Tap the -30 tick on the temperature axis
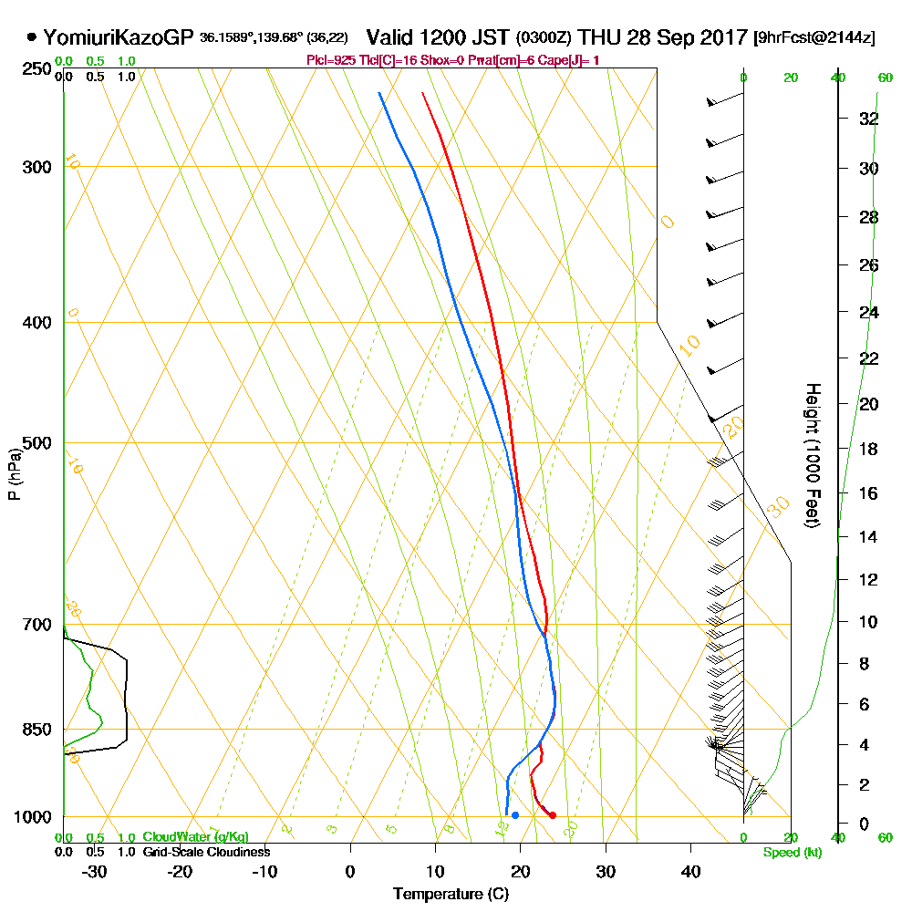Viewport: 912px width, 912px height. [x=95, y=871]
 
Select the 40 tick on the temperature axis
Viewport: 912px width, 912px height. [x=690, y=871]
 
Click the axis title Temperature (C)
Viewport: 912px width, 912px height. [x=451, y=895]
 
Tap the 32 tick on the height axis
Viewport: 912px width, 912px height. [x=868, y=119]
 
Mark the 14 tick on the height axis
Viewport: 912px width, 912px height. [x=868, y=536]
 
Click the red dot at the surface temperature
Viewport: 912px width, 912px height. [x=553, y=815]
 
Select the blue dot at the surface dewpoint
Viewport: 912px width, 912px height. [x=515, y=815]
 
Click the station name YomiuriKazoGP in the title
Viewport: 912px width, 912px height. [x=119, y=38]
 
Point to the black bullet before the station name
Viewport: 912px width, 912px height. [x=32, y=38]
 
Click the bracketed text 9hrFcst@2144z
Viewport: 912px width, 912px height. [x=814, y=38]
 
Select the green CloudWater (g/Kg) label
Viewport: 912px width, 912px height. [x=195, y=837]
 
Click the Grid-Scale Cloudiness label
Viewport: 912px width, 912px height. [x=206, y=852]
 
